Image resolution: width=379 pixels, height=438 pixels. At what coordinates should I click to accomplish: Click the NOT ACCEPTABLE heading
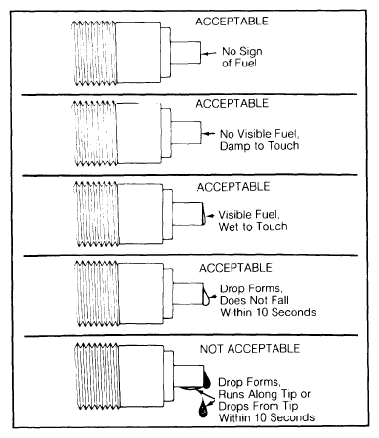tap(250, 349)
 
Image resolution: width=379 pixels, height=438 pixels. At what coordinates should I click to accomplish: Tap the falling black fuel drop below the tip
tap(203, 409)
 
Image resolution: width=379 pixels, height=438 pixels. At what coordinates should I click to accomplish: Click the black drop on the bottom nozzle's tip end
tap(207, 379)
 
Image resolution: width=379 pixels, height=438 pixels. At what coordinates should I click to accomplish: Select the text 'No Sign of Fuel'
tap(242, 57)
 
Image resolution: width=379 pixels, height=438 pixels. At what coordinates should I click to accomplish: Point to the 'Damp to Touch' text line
tap(260, 146)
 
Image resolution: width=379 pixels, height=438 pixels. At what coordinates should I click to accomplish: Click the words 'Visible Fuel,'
tap(249, 215)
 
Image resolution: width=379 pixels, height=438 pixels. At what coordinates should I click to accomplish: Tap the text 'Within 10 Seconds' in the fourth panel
tap(268, 312)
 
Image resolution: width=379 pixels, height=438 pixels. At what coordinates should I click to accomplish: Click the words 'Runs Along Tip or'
tap(264, 394)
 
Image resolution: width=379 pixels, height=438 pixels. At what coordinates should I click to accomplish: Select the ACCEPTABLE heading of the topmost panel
tap(232, 22)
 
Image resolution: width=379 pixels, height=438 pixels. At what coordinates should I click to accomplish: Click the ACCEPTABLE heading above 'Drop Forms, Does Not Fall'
tap(235, 268)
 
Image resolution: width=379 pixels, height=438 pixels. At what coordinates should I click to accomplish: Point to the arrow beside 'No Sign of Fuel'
tap(209, 53)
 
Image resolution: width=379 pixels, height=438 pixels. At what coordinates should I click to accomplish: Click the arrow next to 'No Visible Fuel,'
tap(208, 133)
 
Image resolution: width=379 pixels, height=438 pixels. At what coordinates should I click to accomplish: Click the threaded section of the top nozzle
tap(95, 53)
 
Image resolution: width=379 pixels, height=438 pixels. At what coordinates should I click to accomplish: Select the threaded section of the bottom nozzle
tap(98, 376)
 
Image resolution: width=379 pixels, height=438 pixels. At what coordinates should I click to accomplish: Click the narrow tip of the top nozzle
tap(186, 53)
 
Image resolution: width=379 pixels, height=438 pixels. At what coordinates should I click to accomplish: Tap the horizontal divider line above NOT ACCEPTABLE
tap(191, 335)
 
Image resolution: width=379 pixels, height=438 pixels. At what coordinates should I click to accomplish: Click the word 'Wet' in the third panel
tap(228, 226)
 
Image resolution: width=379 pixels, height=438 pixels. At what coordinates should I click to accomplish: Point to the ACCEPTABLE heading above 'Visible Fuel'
tap(233, 187)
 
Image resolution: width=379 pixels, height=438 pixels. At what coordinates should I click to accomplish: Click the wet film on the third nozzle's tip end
tap(204, 214)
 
